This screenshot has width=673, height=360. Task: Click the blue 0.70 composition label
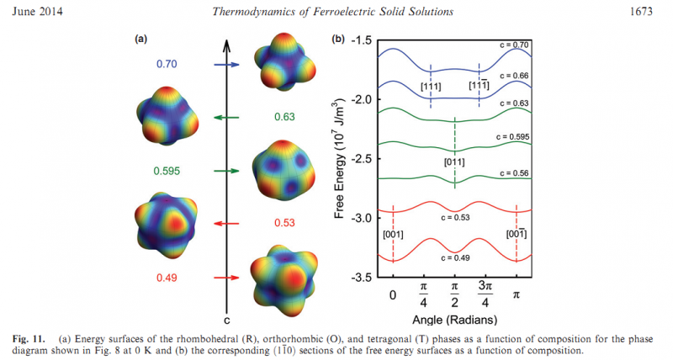click(x=166, y=63)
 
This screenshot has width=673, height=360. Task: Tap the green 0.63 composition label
click(x=284, y=117)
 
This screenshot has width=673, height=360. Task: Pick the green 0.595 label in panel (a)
click(x=168, y=171)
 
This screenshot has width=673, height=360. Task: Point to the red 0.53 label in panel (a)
click(x=284, y=223)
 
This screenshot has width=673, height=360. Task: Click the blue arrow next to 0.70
click(x=227, y=64)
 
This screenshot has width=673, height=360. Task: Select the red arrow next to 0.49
click(x=227, y=277)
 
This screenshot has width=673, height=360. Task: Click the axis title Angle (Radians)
click(x=454, y=320)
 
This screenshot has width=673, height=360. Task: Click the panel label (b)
click(x=340, y=40)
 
